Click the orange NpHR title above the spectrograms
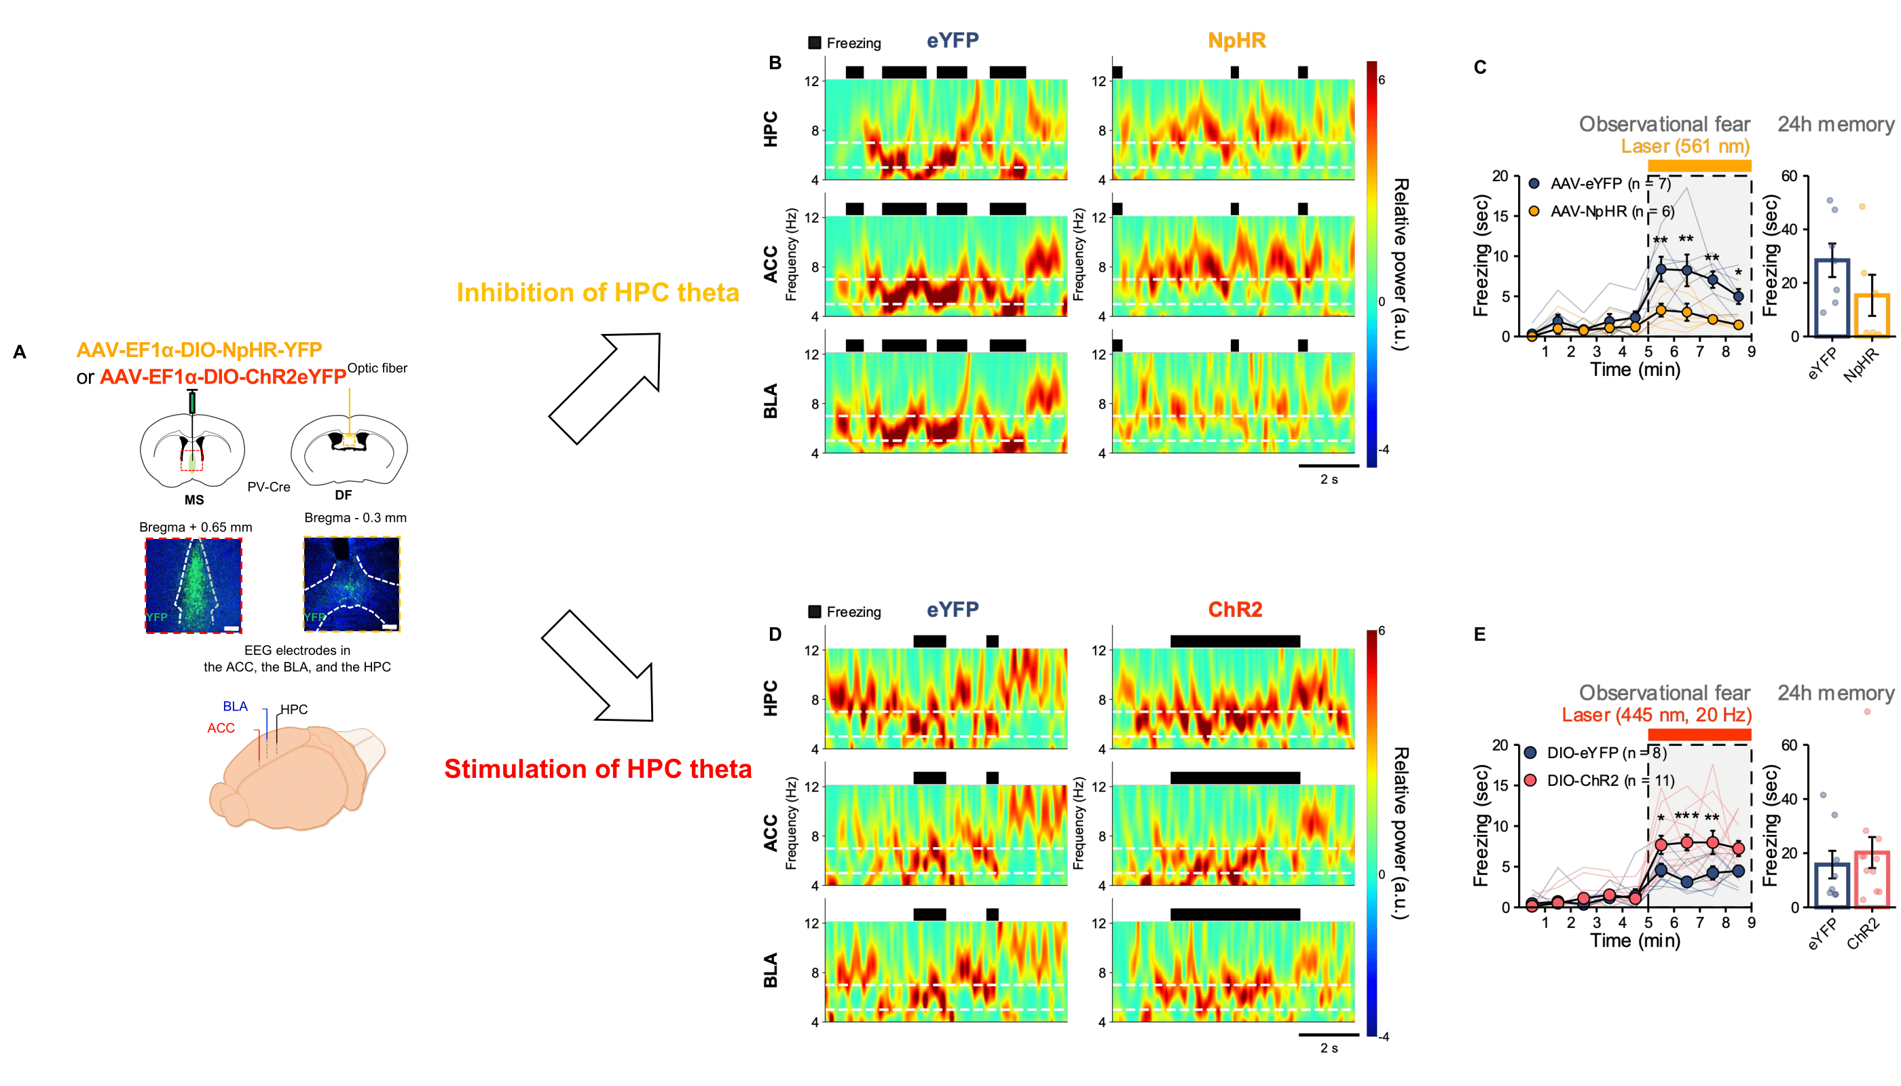[1236, 40]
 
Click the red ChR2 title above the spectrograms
[1235, 610]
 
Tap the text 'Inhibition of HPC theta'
[597, 293]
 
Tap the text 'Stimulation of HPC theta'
[597, 769]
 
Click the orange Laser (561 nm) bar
[1699, 165]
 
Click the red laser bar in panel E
[1699, 734]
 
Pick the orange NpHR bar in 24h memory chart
[1871, 316]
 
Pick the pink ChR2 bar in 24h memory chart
[1871, 879]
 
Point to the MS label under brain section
[194, 500]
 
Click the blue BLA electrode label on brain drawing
[235, 707]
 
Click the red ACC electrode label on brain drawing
[221, 728]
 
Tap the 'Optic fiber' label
[377, 368]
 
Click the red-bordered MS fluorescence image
[193, 586]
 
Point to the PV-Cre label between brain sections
[269, 487]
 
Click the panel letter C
[1480, 68]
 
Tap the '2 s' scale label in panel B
[1329, 480]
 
